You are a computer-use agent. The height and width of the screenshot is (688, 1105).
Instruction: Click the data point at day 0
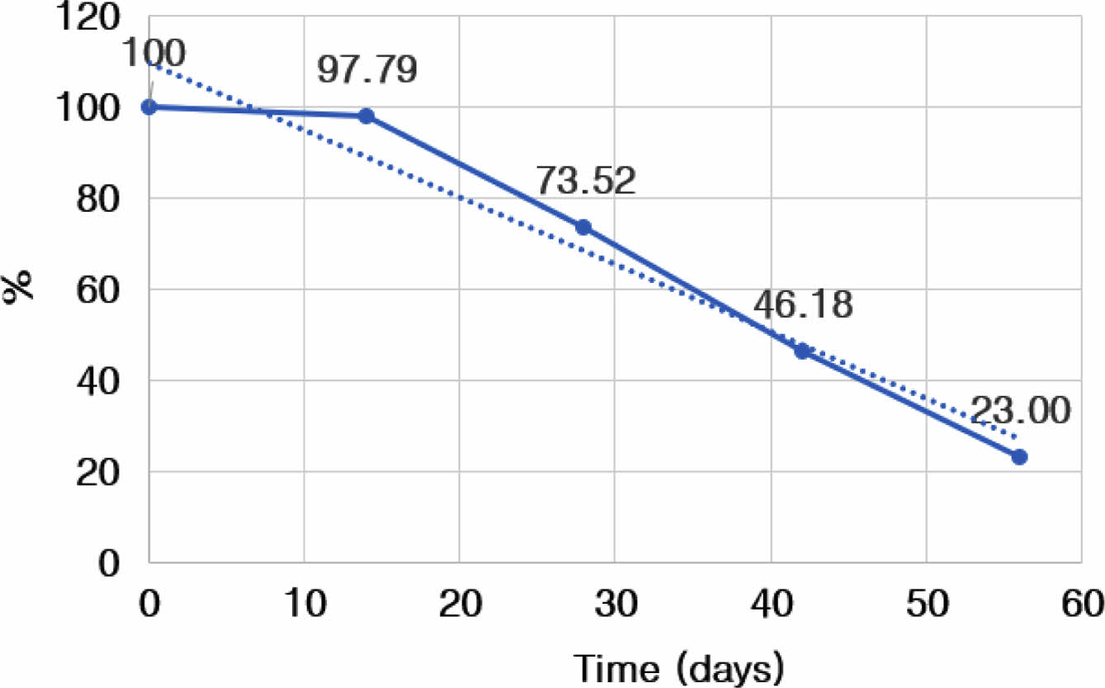coord(149,107)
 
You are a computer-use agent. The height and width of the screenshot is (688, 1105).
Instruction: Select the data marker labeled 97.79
coord(366,116)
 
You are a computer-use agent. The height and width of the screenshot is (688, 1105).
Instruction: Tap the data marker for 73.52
coord(583,227)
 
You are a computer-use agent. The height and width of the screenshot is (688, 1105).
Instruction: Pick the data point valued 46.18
coord(801,351)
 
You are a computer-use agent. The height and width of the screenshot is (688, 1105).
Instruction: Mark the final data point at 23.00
coord(1019,456)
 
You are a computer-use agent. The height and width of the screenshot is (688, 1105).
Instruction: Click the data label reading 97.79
coord(367,71)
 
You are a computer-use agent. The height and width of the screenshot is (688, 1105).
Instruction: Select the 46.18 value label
coord(802,306)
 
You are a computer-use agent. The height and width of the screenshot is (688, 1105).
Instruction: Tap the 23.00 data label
coord(1020,411)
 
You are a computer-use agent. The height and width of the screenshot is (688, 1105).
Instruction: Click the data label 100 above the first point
coord(153,54)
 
